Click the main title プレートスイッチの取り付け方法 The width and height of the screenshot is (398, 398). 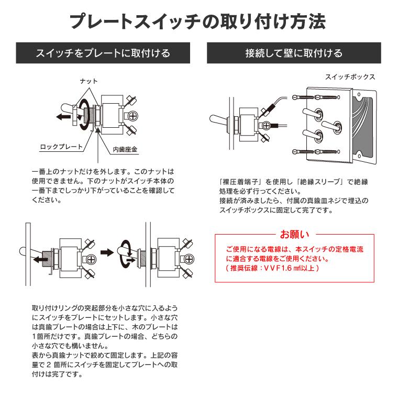click(198, 22)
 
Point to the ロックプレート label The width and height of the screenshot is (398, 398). click(61, 147)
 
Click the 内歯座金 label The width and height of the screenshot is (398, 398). click(126, 150)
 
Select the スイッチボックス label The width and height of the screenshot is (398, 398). click(350, 77)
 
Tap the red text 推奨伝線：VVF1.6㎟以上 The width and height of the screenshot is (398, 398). click(272, 268)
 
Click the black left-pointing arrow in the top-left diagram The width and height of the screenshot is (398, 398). click(62, 117)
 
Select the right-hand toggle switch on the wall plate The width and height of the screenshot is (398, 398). click(331, 125)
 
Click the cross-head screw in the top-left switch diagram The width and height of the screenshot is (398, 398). click(134, 116)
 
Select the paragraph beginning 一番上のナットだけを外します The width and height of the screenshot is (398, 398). click(102, 185)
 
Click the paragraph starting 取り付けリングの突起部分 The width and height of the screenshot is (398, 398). click(105, 341)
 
